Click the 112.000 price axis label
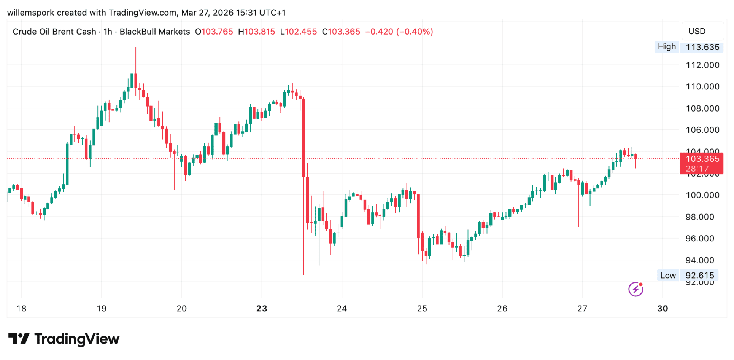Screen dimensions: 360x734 [702, 65]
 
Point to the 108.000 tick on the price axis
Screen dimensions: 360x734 [702, 108]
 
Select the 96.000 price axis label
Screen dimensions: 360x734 [702, 239]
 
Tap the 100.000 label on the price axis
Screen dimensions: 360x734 [702, 195]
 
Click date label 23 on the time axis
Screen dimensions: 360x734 [262, 309]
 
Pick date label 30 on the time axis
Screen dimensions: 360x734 [663, 309]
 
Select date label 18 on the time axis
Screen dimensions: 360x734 [21, 309]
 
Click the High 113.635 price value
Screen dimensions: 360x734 [702, 47]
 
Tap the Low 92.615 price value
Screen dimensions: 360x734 [700, 276]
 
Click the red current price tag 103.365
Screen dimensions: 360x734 [702, 159]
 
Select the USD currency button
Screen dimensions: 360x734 [697, 32]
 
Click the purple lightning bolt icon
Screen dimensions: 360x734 [635, 289]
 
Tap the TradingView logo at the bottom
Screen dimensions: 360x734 [64, 339]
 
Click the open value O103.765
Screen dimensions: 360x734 [214, 32]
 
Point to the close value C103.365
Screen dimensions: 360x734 [341, 32]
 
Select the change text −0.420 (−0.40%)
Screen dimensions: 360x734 [399, 32]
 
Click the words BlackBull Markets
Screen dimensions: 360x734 [155, 32]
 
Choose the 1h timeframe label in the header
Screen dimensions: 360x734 [108, 32]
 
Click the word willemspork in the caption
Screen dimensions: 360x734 [31, 13]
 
